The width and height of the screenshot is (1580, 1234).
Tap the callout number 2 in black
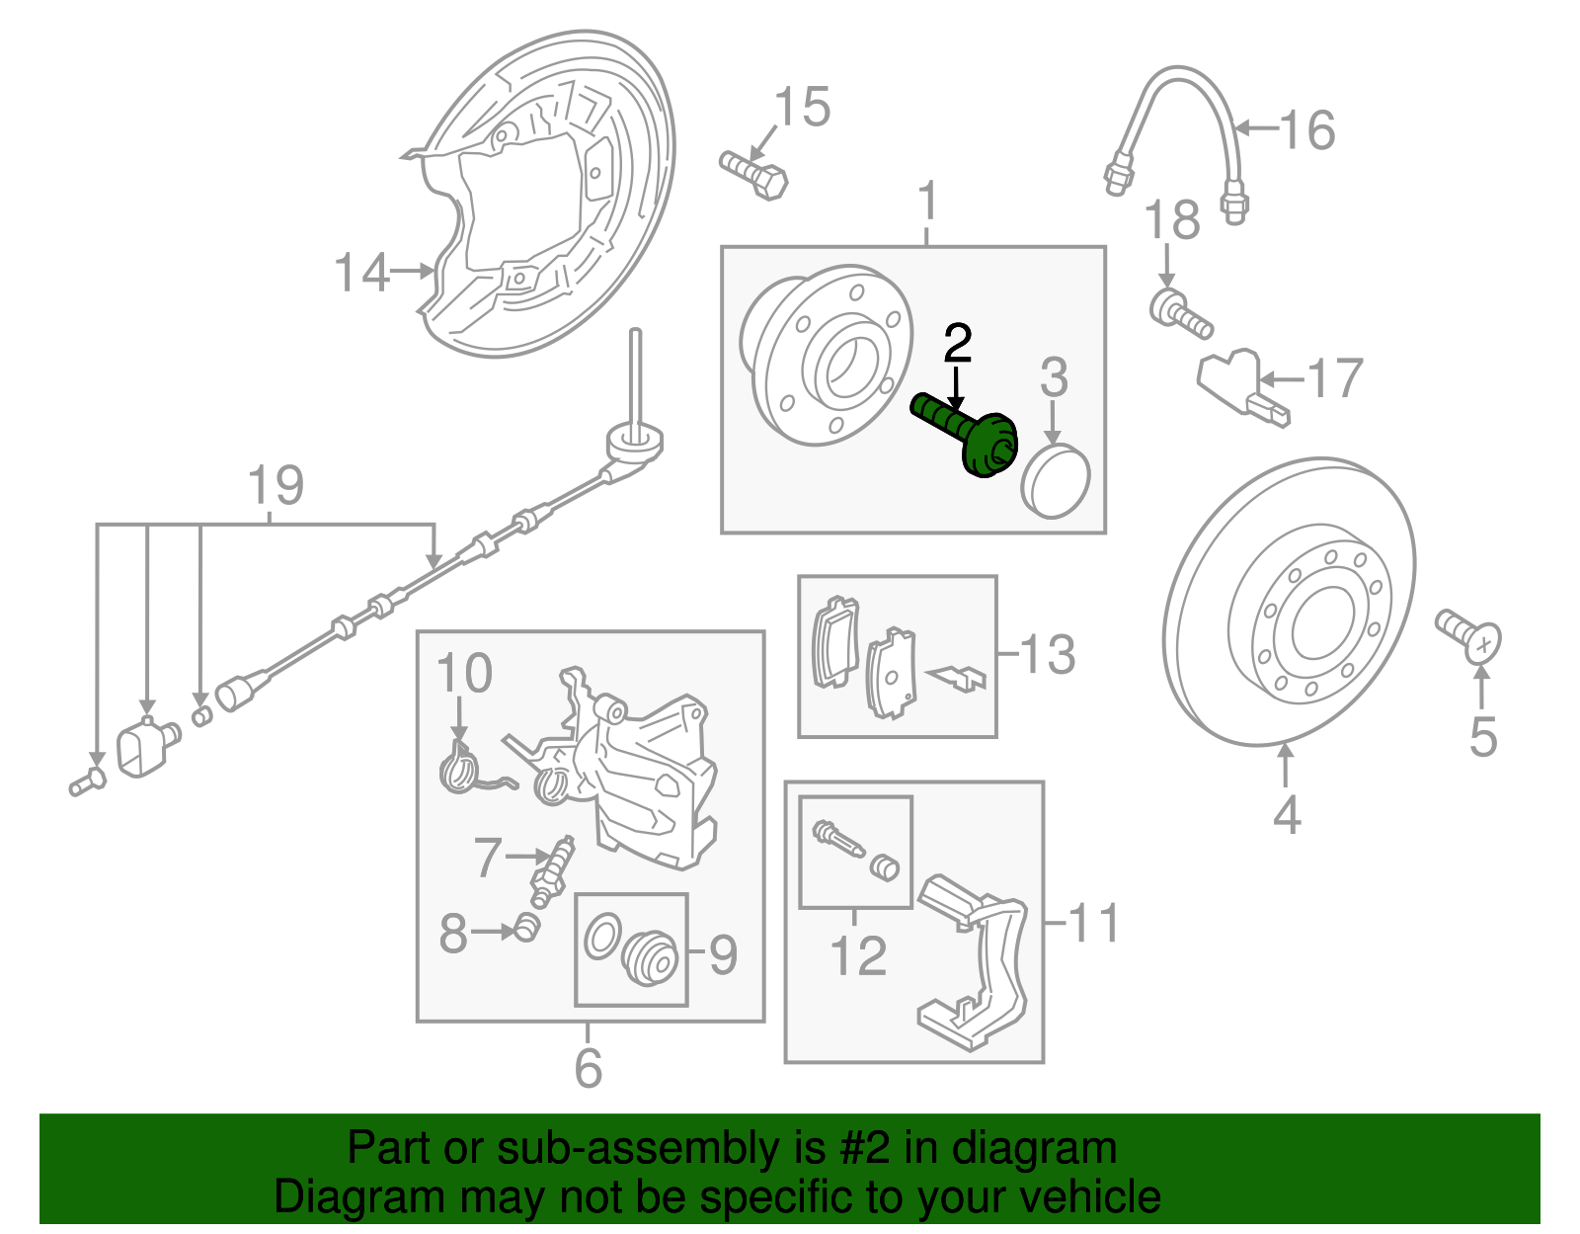pyautogui.click(x=958, y=343)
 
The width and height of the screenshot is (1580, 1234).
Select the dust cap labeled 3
pyautogui.click(x=1056, y=480)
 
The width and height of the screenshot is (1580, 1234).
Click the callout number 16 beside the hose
pyautogui.click(x=1307, y=129)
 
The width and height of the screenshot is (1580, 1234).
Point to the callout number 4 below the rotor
pyautogui.click(x=1287, y=815)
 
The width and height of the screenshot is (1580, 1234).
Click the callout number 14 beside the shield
pyautogui.click(x=361, y=272)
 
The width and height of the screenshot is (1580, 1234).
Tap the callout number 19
pyautogui.click(x=276, y=485)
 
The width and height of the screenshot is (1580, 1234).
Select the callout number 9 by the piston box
pyautogui.click(x=724, y=954)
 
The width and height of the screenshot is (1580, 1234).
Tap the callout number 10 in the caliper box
pyautogui.click(x=464, y=674)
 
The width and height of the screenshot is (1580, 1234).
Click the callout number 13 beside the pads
pyautogui.click(x=1047, y=654)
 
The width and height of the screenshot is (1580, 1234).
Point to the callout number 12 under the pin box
pyautogui.click(x=858, y=955)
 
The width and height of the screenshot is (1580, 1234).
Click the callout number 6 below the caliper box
pyautogui.click(x=589, y=1068)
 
